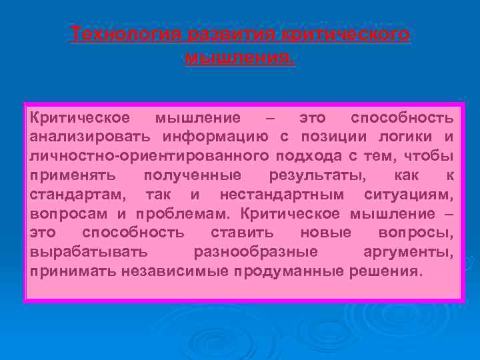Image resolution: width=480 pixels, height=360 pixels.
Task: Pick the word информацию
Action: click(x=217, y=137)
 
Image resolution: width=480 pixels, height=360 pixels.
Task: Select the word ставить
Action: click(x=242, y=233)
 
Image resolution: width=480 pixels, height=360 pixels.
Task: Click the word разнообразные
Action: click(x=255, y=253)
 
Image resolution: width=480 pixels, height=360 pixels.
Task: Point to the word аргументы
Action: click(x=408, y=253)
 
